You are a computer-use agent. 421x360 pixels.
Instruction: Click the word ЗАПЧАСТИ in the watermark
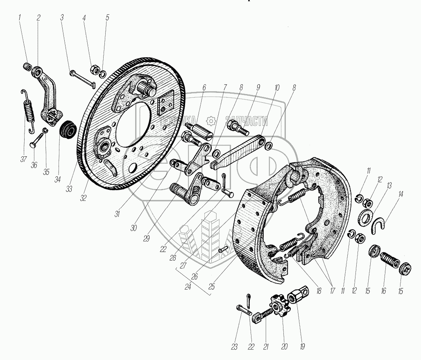pyautogui.click(x=247, y=121)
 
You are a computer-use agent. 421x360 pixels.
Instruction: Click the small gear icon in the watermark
pyautogui.click(x=211, y=121)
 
